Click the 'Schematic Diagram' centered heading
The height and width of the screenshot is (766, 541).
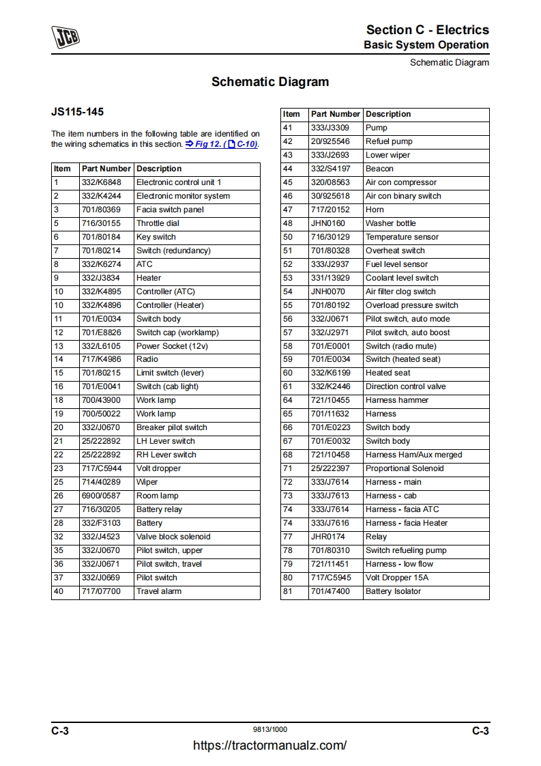point(270,82)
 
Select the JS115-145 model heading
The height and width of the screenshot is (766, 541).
point(78,111)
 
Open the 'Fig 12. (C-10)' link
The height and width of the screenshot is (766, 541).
point(222,145)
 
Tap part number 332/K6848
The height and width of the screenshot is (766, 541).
point(101,182)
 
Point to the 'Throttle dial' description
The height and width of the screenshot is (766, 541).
point(158,223)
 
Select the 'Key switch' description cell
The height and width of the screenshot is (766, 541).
point(156,237)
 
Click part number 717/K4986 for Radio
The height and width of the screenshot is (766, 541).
point(101,359)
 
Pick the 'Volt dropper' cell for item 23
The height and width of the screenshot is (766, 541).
point(159,468)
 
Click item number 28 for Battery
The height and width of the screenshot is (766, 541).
point(59,523)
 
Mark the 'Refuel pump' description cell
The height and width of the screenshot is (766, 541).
point(389,141)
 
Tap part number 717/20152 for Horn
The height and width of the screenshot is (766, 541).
point(330,210)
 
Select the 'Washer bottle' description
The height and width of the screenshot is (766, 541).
point(390,223)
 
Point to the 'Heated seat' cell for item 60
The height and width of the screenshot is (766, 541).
point(388,373)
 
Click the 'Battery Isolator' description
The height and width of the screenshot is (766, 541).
point(393,591)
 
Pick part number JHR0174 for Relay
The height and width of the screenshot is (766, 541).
point(328,537)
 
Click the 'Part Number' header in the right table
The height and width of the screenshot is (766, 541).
point(335,114)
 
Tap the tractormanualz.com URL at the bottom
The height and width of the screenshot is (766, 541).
point(270,746)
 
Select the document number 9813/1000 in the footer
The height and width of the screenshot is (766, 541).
point(270,730)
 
